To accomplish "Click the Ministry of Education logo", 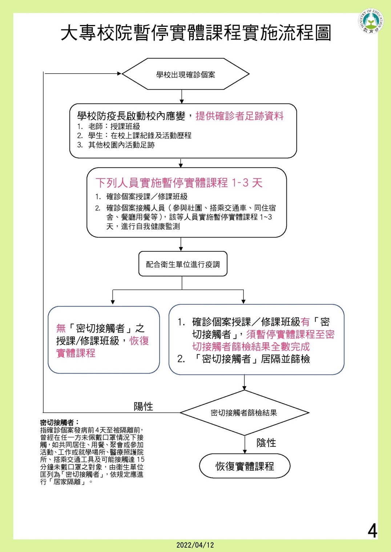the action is pyautogui.click(x=371, y=21).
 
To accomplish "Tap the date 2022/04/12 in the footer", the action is pyautogui.click(x=195, y=545).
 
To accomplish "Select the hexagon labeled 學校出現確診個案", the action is pyautogui.click(x=186, y=74).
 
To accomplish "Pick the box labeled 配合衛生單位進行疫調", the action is pyautogui.click(x=183, y=264).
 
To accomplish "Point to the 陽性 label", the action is pyautogui.click(x=143, y=406).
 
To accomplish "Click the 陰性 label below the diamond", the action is pyautogui.click(x=266, y=443).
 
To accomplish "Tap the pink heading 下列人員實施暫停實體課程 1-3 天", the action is pyautogui.click(x=179, y=183).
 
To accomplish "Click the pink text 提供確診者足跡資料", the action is pyautogui.click(x=239, y=116).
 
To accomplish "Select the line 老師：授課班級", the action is pyautogui.click(x=109, y=127).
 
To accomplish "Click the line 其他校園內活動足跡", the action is pyautogui.click(x=116, y=145).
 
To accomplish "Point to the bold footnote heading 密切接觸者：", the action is pyautogui.click(x=60, y=423).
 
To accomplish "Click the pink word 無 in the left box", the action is pyautogui.click(x=61, y=328).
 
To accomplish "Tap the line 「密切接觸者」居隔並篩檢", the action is pyautogui.click(x=251, y=359).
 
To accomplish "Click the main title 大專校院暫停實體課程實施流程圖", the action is pyautogui.click(x=196, y=33).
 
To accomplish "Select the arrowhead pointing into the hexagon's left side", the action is pyautogui.click(x=119, y=73).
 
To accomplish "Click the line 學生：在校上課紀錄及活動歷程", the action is pyautogui.click(x=134, y=136).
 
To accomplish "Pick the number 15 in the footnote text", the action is pyautogui.click(x=140, y=460).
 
